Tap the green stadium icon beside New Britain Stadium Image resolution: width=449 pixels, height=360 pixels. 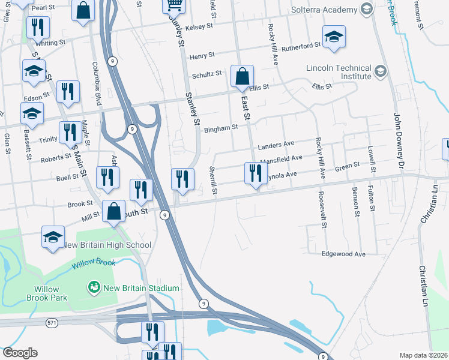tap(93, 288)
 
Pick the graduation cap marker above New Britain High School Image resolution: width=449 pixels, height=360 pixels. tap(53, 236)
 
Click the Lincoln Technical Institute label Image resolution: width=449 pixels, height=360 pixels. tap(338, 72)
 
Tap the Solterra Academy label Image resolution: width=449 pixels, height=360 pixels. tap(324, 10)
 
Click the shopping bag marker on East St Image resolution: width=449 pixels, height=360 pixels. tap(242, 77)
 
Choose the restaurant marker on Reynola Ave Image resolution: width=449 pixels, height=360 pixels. tap(256, 173)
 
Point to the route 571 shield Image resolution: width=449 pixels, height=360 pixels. tap(52, 323)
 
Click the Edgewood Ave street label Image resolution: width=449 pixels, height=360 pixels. tap(343, 254)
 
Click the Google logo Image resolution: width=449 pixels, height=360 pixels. tap(20, 353)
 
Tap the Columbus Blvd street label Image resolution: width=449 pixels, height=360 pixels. tap(95, 81)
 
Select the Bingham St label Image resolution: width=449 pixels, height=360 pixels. tap(221, 128)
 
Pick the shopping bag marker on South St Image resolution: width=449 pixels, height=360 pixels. tap(113, 212)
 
